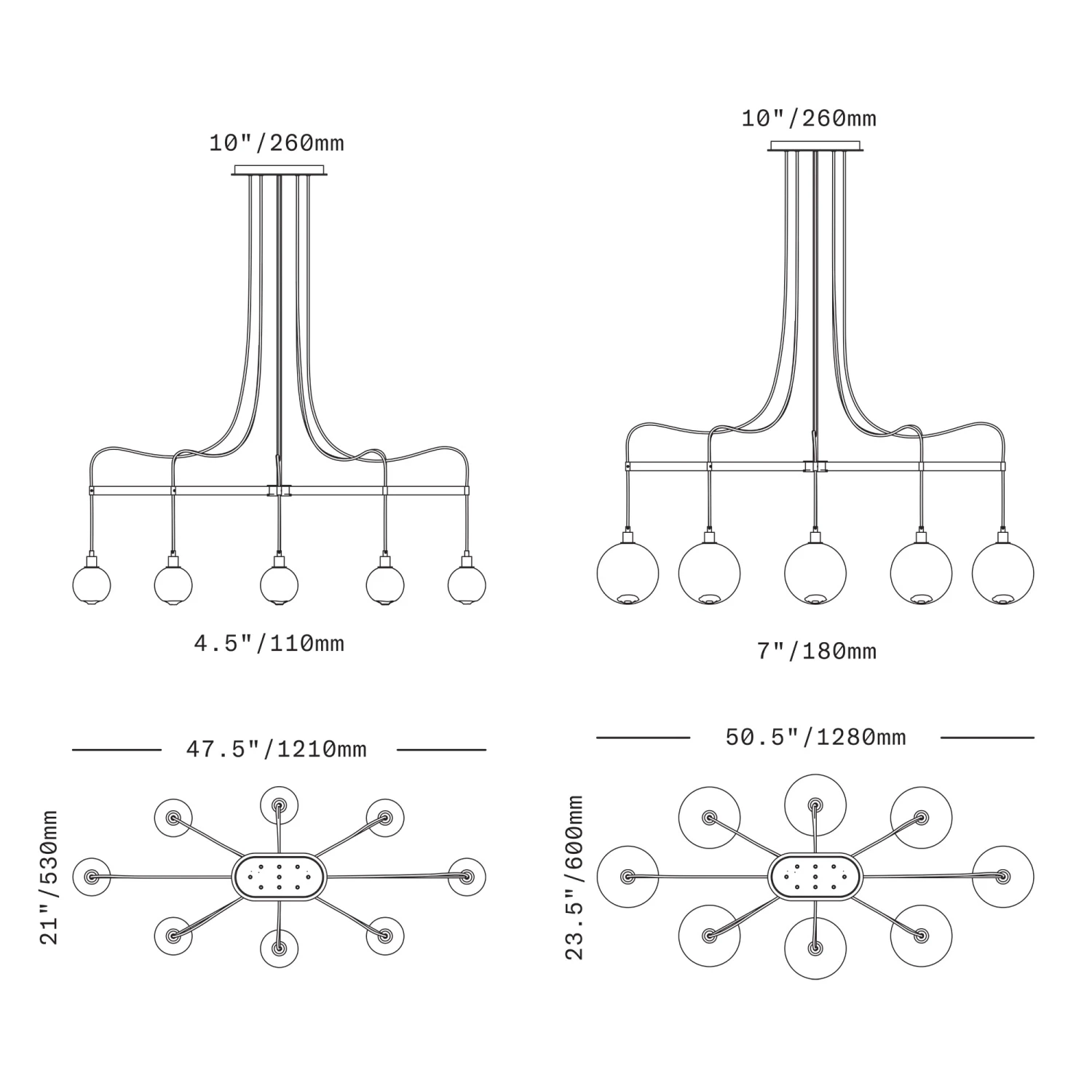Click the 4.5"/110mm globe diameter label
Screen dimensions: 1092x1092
[x=269, y=644]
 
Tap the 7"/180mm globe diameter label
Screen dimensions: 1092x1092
[x=817, y=651]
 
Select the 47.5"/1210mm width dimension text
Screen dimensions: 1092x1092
[x=277, y=749]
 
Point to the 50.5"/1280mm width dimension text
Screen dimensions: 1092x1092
[x=815, y=737]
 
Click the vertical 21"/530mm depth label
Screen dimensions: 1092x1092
[x=49, y=877]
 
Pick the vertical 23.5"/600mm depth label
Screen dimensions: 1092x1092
[x=574, y=877]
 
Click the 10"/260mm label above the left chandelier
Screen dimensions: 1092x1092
[x=277, y=143]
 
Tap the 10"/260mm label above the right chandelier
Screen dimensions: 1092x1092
[x=809, y=118]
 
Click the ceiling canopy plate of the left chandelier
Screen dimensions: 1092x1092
[x=280, y=171]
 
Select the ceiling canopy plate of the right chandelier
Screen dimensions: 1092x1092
[x=815, y=146]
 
